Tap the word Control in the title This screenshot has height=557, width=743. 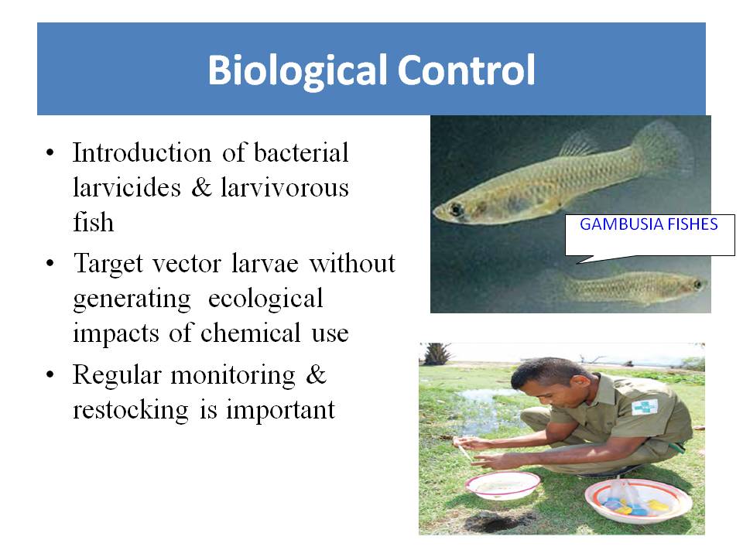click(466, 70)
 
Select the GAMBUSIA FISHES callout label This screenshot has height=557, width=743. click(649, 224)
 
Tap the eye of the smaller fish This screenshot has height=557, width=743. click(697, 285)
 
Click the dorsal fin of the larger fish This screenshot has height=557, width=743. click(579, 144)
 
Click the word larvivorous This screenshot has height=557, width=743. click(284, 187)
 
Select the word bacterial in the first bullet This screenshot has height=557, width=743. click(301, 152)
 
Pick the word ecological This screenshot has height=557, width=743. click(265, 299)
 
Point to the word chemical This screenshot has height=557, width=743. click(250, 333)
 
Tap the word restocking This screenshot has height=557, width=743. click(130, 410)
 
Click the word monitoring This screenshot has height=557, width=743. click(233, 376)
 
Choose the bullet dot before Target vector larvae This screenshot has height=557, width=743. click(50, 263)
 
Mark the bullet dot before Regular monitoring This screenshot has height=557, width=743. click(50, 374)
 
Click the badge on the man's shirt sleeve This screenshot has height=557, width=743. click(645, 407)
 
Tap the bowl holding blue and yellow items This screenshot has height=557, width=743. click(638, 501)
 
